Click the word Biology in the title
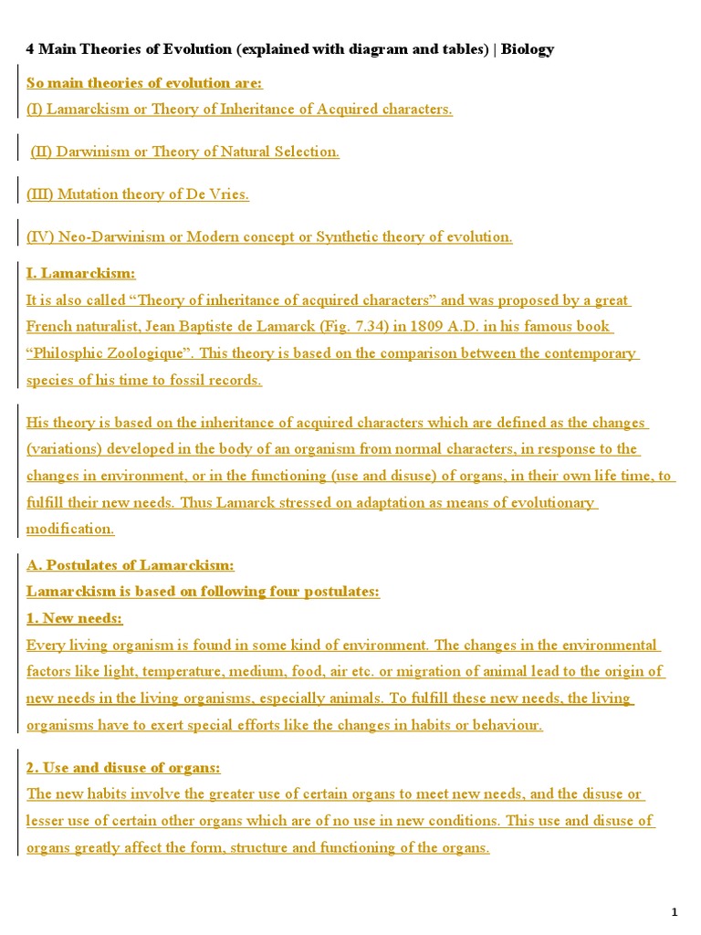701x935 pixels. coord(527,49)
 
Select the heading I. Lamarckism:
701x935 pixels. coord(80,273)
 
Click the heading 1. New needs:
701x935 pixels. coord(74,618)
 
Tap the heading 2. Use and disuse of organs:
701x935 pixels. coord(123,768)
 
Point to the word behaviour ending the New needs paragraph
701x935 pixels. coord(504,725)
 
